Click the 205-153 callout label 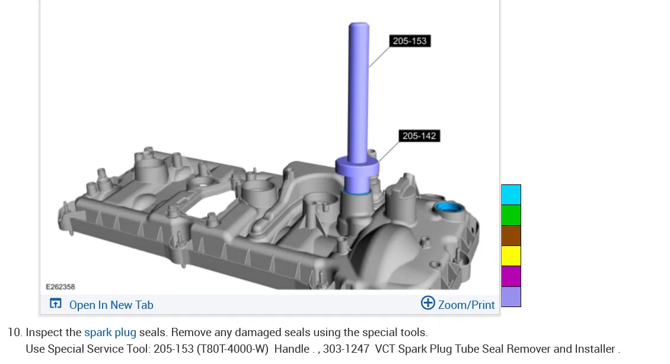point(410,41)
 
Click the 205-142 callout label point(419,136)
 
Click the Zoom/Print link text point(466,305)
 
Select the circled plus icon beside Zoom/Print point(427,303)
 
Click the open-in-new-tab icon point(56,304)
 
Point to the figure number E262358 point(60,287)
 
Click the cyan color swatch point(511,195)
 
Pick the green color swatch point(511,215)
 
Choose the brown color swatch point(511,236)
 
